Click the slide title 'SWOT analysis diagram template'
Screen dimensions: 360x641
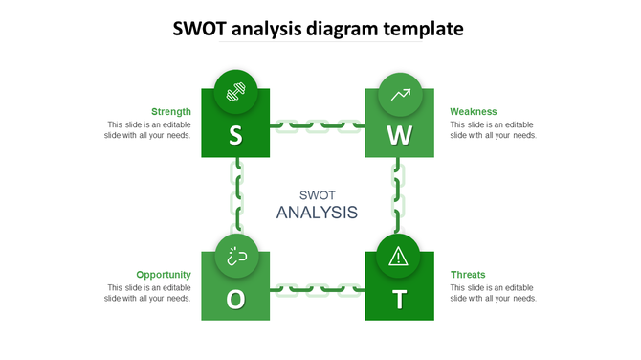320,29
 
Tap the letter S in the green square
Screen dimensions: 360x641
235,136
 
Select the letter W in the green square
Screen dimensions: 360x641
400,136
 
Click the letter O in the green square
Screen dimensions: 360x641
235,300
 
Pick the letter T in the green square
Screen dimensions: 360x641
400,300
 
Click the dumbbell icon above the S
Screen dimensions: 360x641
235,93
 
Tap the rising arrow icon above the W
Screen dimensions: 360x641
400,94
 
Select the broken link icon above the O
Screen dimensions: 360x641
235,256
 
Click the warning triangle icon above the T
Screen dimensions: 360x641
400,256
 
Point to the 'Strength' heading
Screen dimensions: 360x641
171,111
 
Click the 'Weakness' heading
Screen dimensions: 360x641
473,111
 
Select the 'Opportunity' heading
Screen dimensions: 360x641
164,274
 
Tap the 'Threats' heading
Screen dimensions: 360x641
468,274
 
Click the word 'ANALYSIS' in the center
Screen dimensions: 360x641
317,212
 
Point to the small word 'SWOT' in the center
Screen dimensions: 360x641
317,193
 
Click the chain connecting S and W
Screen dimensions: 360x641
318,124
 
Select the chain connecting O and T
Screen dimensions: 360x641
318,288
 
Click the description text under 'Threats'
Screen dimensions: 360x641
493,292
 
